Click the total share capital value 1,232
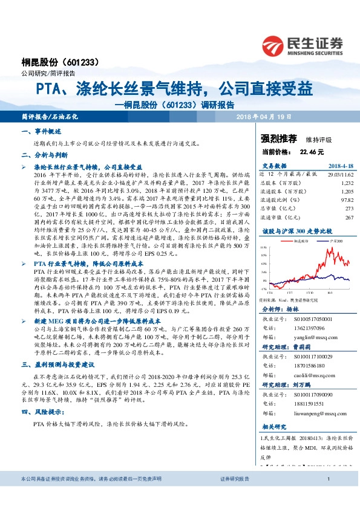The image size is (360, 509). [x=347, y=182]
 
